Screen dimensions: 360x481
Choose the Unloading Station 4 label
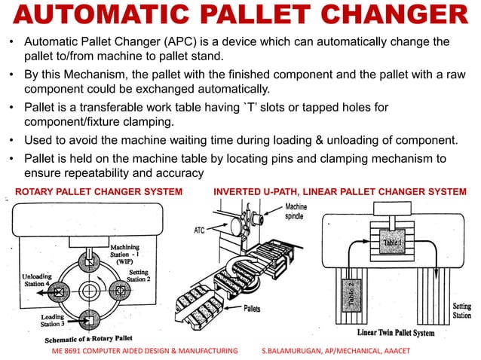click(x=28, y=279)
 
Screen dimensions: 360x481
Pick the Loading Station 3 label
click(x=53, y=323)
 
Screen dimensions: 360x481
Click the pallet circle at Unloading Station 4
click(x=58, y=290)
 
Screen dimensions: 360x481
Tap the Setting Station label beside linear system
click(x=461, y=311)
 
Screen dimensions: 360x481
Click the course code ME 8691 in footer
click(x=69, y=352)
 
